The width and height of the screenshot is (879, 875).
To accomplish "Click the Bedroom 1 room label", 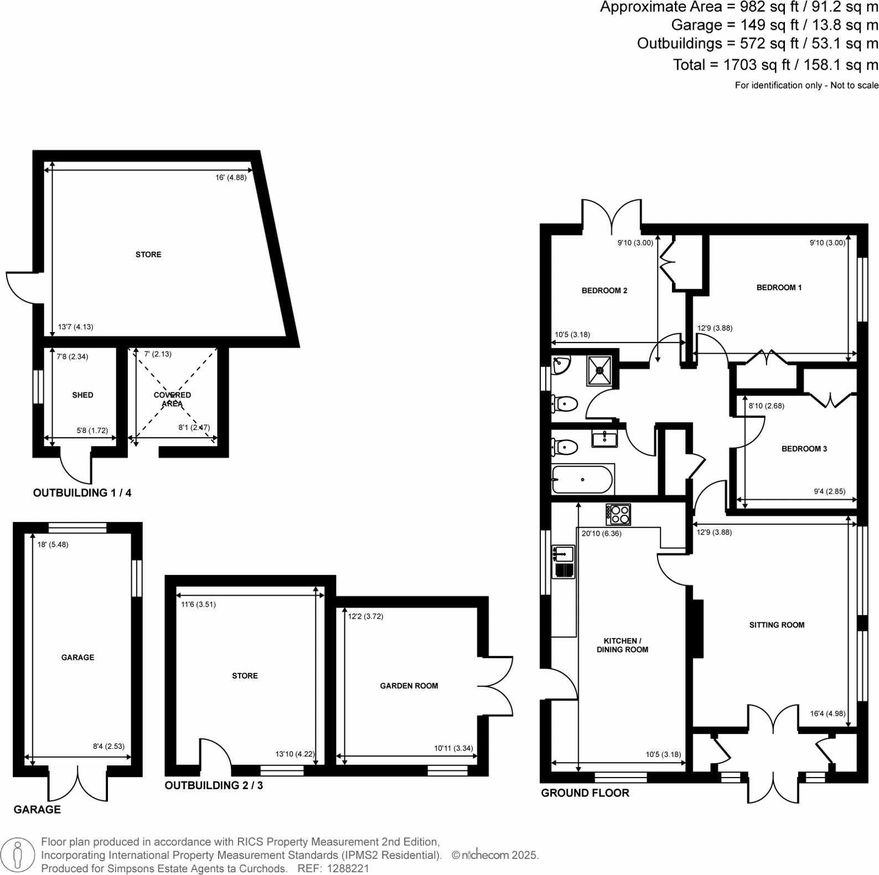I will pos(779,287).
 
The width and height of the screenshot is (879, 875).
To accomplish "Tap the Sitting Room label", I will pos(777,625).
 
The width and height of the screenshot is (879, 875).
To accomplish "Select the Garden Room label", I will pos(409,686).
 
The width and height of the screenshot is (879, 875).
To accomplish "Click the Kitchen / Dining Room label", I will pos(622,645).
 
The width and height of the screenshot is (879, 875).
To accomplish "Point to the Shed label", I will pos(82,395).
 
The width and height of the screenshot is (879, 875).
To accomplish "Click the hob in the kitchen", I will pos(618,514).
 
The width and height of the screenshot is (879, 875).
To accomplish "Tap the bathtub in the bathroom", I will pos(583,479).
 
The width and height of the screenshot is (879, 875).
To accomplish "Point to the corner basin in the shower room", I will pos(560,365).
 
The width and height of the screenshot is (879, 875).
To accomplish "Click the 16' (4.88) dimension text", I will pos(231,178).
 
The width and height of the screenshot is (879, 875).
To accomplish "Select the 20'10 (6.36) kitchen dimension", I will pos(601,534).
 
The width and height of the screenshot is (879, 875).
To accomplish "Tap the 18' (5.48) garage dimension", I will pos(53,545).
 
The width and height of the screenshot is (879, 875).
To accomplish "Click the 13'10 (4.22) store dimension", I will pos(294,754).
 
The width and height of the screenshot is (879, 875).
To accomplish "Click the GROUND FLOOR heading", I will pos(585,793).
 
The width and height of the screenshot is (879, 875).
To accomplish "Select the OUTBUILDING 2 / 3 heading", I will pos(214,785).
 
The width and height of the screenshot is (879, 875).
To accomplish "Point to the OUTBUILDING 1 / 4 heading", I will pos(82,493).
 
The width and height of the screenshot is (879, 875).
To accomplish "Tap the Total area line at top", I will pos(775,65).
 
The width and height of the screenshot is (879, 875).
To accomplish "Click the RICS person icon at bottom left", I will pos(18,855).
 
